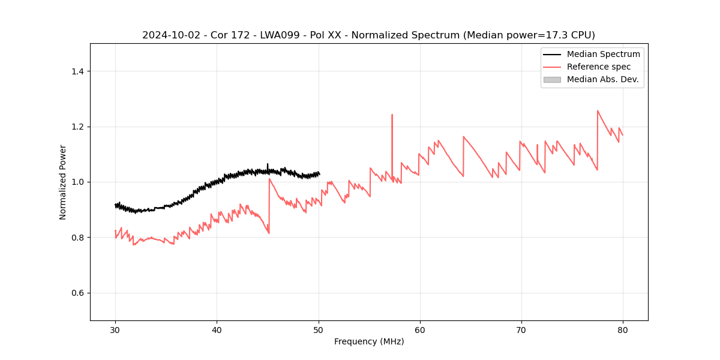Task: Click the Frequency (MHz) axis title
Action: [369, 341]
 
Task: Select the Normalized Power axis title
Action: [63, 182]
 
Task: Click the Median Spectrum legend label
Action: [603, 54]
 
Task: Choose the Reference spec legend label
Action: [599, 67]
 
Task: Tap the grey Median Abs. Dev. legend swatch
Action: [552, 79]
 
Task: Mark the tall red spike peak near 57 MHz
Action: [392, 115]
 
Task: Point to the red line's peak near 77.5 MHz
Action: [598, 111]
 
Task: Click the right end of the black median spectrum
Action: [319, 175]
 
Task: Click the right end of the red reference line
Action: [623, 135]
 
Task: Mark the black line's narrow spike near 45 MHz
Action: [268, 164]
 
